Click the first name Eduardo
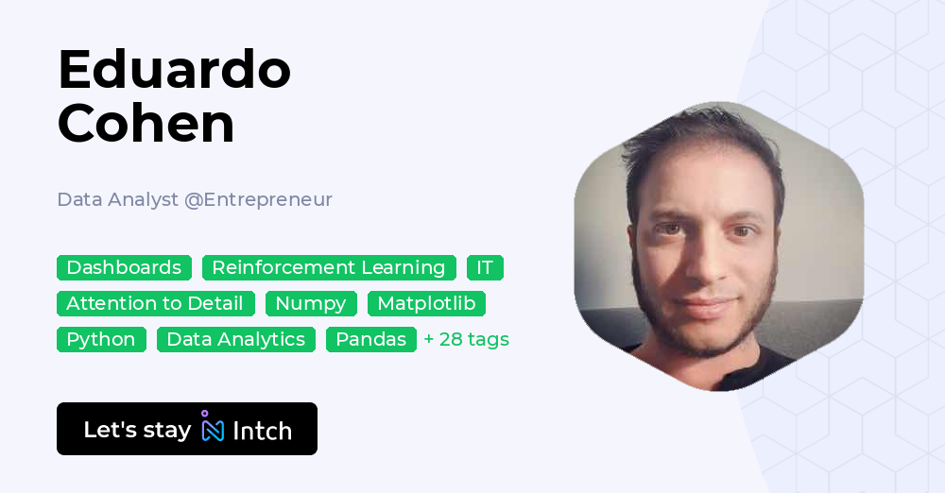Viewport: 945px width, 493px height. click(x=174, y=70)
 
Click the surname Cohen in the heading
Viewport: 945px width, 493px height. click(x=146, y=124)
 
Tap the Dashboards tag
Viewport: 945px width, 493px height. click(x=124, y=267)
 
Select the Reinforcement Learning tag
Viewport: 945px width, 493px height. click(x=329, y=267)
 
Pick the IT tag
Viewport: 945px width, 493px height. click(x=485, y=267)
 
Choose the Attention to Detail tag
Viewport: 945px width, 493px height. click(x=155, y=303)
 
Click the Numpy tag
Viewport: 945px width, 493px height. click(x=311, y=303)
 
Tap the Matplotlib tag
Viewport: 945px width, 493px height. click(x=426, y=303)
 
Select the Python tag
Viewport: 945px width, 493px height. click(x=101, y=339)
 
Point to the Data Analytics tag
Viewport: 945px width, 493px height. click(x=236, y=339)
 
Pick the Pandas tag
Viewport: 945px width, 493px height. click(x=371, y=339)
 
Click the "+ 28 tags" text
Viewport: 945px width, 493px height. click(x=467, y=339)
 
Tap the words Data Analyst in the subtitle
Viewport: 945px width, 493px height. click(x=118, y=199)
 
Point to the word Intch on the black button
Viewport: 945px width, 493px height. click(x=262, y=431)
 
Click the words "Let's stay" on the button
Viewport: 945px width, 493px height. click(x=137, y=430)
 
